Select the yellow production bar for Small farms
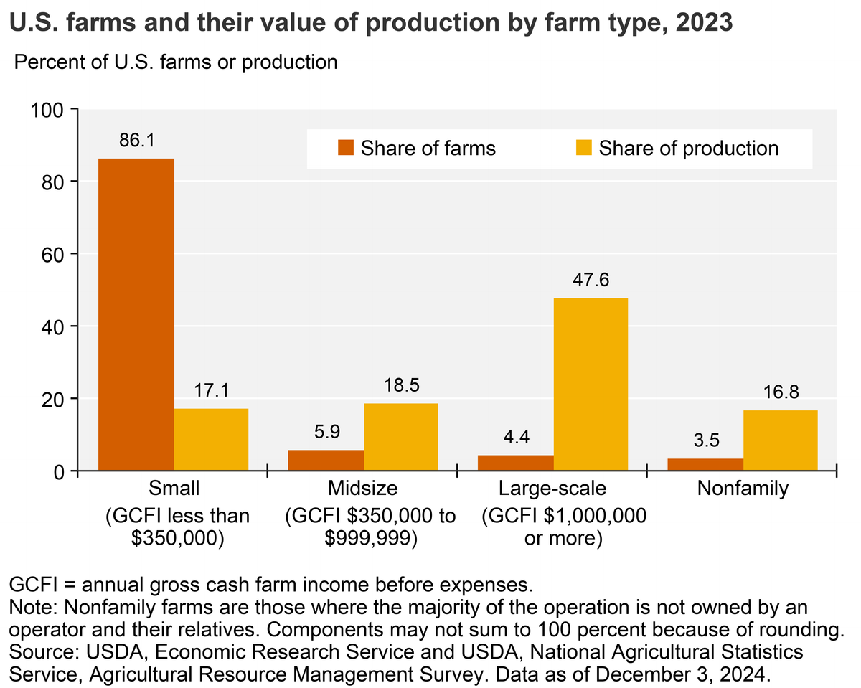click(211, 440)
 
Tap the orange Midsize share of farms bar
click(326, 460)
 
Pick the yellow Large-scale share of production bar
click(591, 385)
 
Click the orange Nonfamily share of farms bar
click(705, 464)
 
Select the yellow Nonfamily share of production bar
click(780, 440)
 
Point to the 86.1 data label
click(136, 140)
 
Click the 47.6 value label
click(591, 280)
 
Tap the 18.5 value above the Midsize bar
click(400, 385)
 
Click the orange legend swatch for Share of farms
click(346, 149)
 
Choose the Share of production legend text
click(688, 149)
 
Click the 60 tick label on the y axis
click(54, 254)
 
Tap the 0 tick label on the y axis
click(60, 471)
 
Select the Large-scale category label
click(552, 489)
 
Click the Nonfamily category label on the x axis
click(742, 489)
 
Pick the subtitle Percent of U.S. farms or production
click(176, 62)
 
